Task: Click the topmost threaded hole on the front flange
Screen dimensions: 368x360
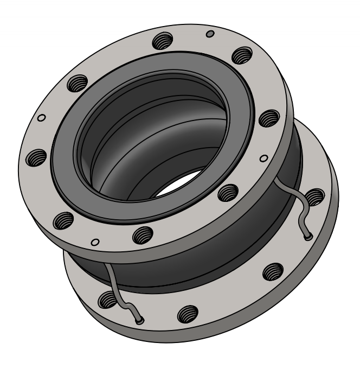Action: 161,40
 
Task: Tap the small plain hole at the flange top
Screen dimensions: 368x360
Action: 210,34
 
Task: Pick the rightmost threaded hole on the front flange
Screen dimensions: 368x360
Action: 268,118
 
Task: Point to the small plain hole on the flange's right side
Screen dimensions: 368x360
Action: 264,158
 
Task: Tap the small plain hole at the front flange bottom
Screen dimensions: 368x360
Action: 95,241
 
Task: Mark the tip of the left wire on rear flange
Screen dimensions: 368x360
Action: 140,321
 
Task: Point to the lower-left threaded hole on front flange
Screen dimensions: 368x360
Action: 64,219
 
